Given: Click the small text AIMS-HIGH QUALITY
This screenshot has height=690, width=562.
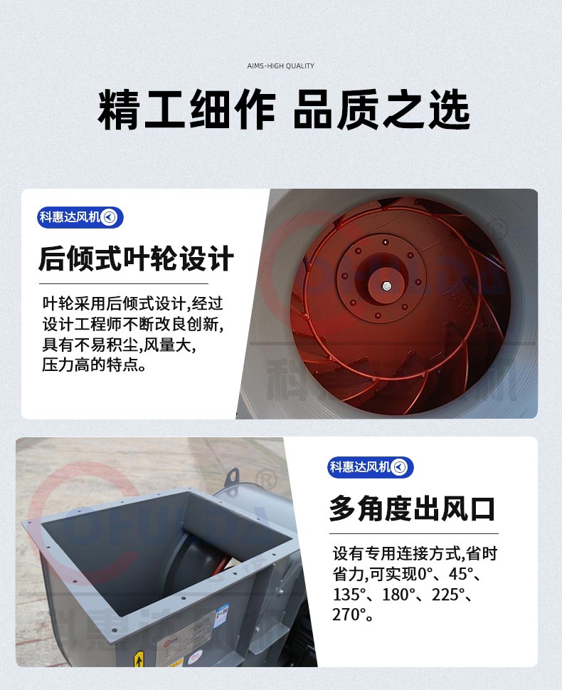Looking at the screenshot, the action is (280, 66).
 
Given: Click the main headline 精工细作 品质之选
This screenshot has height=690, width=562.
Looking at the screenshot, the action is (284, 110).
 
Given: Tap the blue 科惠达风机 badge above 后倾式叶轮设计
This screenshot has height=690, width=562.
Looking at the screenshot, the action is (80, 217).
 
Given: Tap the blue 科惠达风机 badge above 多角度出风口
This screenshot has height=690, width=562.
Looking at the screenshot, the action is (370, 467).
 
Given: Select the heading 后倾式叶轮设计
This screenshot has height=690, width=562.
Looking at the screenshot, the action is (137, 258).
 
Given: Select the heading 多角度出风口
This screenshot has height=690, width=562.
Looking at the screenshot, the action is (413, 508).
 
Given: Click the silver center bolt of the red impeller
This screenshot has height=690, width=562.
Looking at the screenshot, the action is (386, 286).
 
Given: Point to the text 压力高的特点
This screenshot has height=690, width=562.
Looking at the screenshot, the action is (94, 365).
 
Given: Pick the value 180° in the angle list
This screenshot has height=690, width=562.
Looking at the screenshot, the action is (398, 595).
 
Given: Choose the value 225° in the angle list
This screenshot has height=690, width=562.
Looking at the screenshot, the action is (448, 595).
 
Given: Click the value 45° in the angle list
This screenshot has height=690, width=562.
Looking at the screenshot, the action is (460, 574).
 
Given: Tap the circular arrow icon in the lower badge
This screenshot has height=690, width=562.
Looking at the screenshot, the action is (399, 467).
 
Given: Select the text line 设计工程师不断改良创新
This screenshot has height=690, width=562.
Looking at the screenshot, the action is (133, 324).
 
